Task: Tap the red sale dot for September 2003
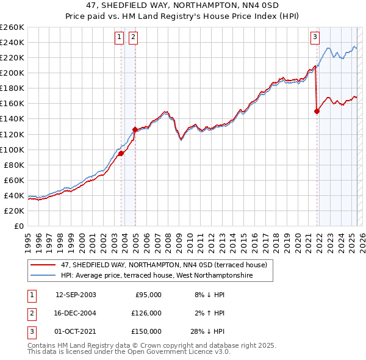tap(121, 153)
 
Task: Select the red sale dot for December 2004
tap(135, 129)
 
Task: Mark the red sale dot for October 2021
tap(317, 111)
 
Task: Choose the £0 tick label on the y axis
tap(18, 226)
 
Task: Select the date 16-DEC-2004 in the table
tap(76, 313)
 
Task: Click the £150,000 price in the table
tap(146, 331)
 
